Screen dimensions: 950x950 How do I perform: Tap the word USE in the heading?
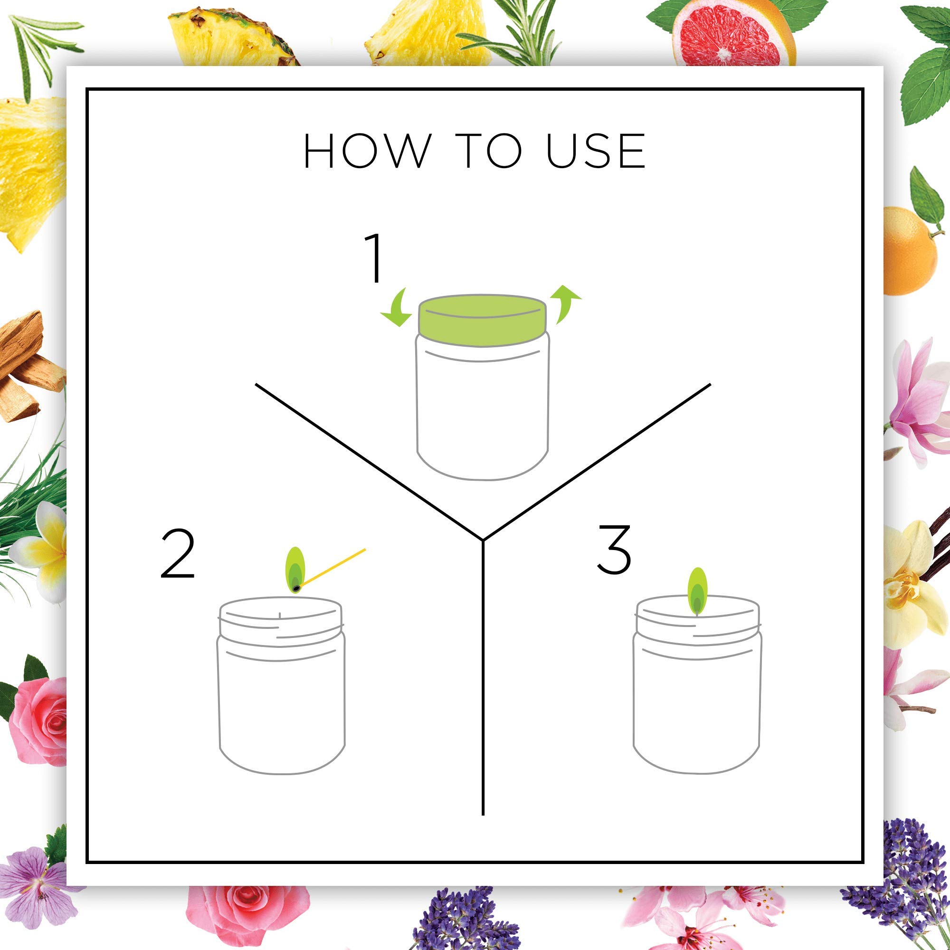tap(596, 151)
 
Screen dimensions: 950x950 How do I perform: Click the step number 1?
tap(374, 257)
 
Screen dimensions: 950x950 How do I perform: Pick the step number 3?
tap(614, 549)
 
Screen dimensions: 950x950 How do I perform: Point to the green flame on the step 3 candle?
tap(697, 591)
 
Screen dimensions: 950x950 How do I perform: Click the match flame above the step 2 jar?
tap(295, 570)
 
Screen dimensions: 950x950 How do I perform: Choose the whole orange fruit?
tap(910, 251)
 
